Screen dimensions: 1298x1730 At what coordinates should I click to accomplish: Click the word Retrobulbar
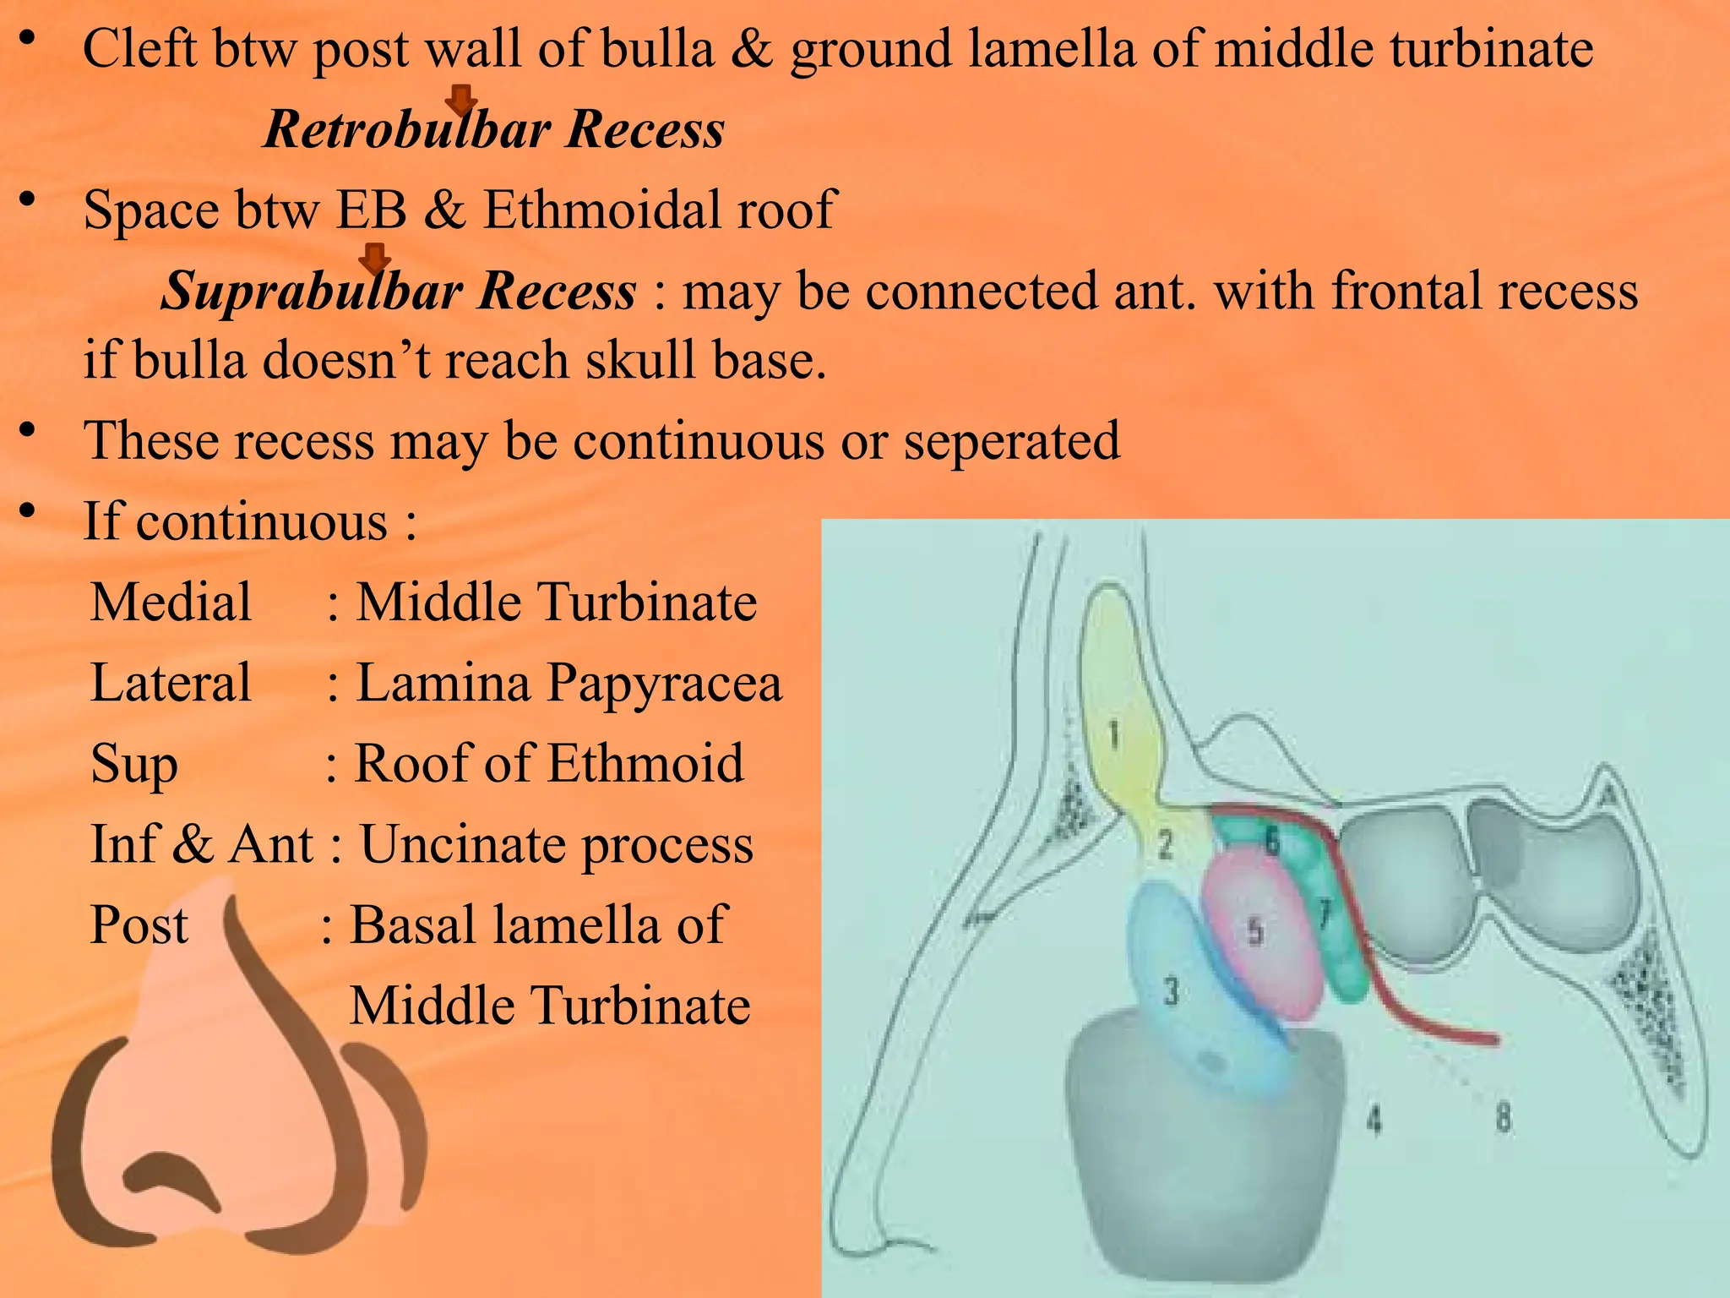pyautogui.click(x=407, y=129)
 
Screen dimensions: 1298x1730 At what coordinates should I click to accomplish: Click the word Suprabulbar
pyautogui.click(x=312, y=291)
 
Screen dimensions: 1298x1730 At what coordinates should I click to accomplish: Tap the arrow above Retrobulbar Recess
pyautogui.click(x=460, y=99)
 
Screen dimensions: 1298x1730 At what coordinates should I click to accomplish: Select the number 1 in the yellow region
pyautogui.click(x=1114, y=734)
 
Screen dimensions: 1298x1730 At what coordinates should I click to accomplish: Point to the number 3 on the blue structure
pyautogui.click(x=1170, y=990)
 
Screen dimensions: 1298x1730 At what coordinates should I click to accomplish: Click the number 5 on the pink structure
pyautogui.click(x=1256, y=931)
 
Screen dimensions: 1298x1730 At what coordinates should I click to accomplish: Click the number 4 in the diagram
pyautogui.click(x=1374, y=1121)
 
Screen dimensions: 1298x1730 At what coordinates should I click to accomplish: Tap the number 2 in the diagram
pyautogui.click(x=1165, y=843)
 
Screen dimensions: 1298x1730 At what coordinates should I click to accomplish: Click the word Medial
pyautogui.click(x=171, y=602)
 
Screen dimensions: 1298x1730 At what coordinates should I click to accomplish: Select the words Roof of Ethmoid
pyautogui.click(x=548, y=762)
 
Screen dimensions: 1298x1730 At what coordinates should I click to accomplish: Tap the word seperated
pyautogui.click(x=1011, y=440)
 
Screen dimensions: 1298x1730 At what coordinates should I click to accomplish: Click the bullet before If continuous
pyautogui.click(x=28, y=510)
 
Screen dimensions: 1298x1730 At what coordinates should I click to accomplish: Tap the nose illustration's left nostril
pyautogui.click(x=169, y=1183)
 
